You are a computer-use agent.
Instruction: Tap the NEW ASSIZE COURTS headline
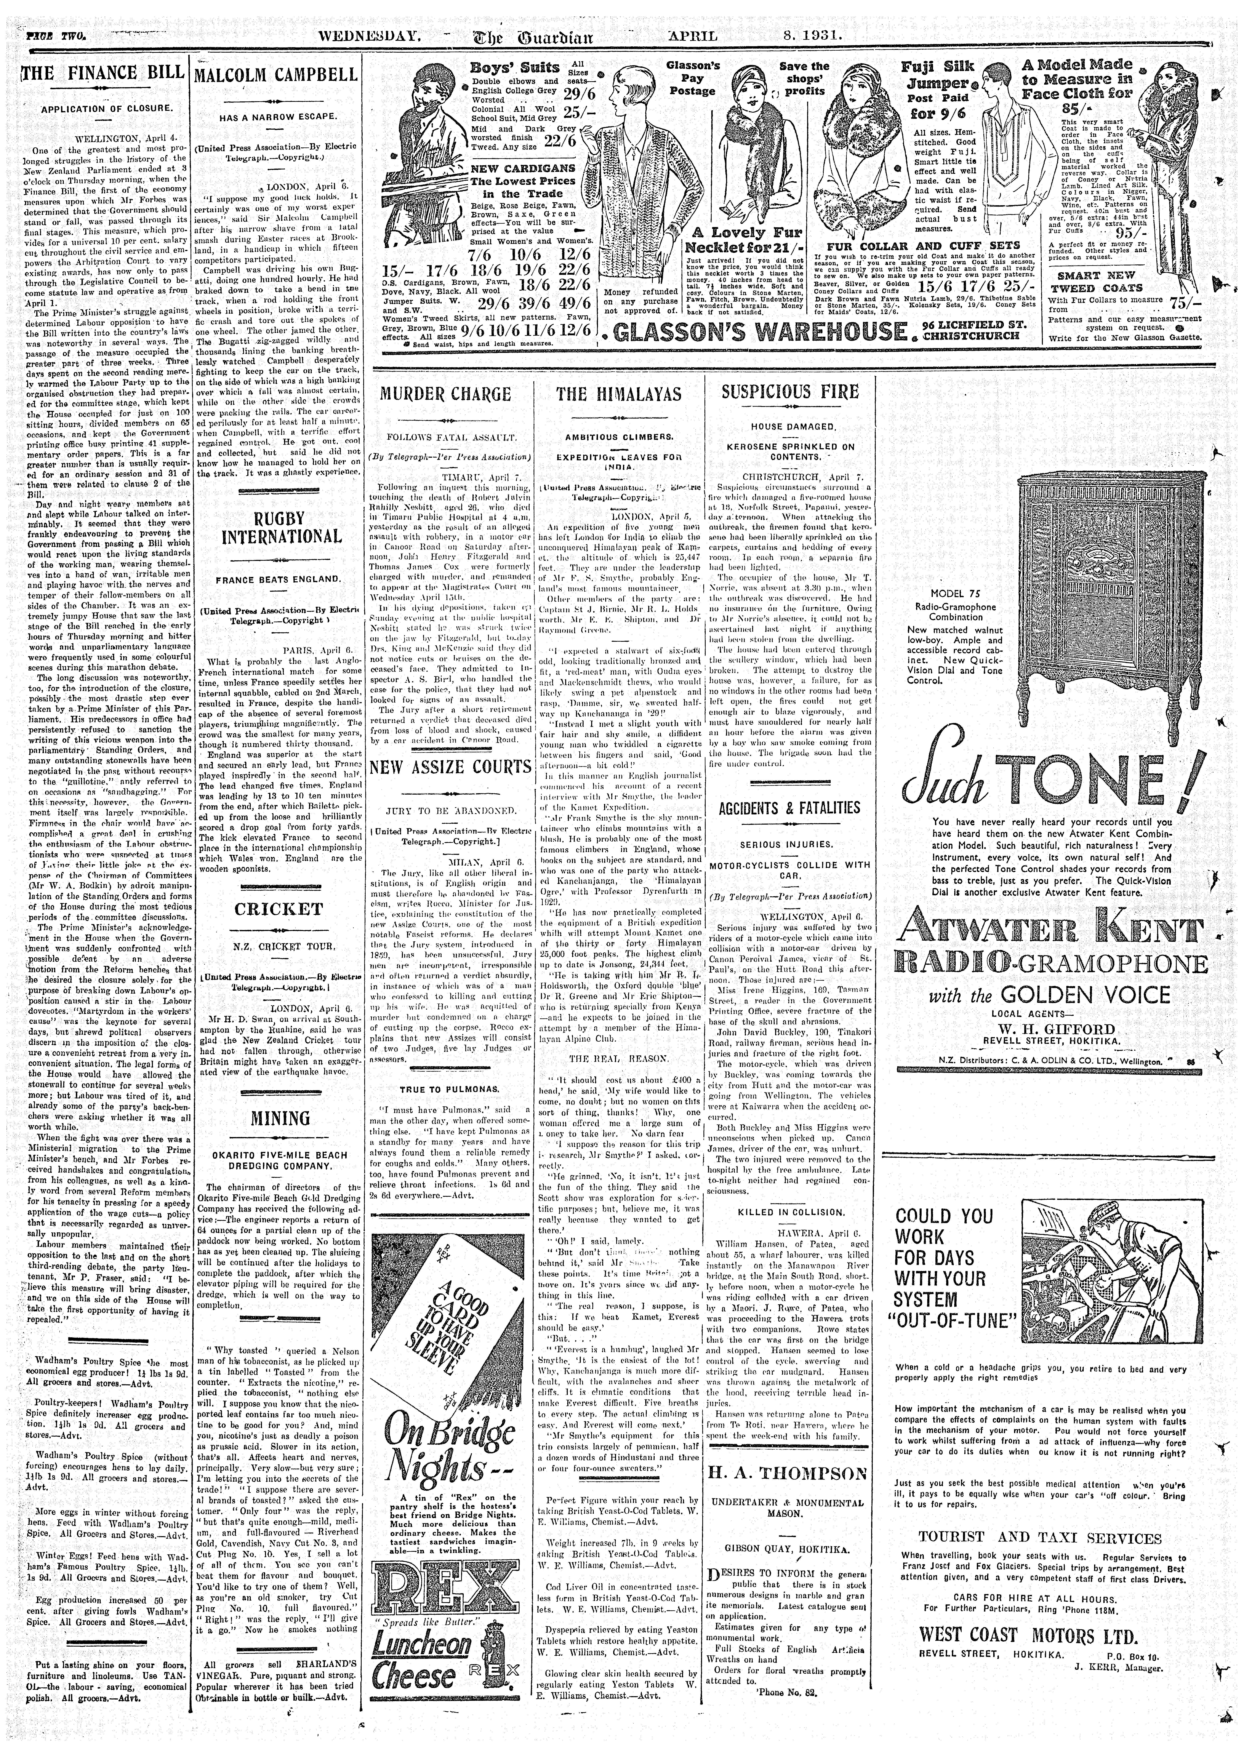(450, 767)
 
